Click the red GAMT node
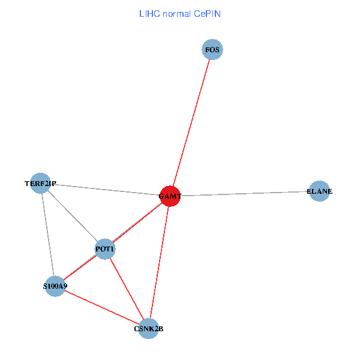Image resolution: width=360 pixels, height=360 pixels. [x=170, y=196]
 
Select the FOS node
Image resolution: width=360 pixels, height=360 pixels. [x=212, y=50]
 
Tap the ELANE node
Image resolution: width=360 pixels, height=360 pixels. [x=319, y=191]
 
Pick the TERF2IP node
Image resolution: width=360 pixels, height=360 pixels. [x=41, y=183]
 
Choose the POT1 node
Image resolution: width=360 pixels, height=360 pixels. [x=105, y=249]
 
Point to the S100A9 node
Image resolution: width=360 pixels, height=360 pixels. [x=55, y=286]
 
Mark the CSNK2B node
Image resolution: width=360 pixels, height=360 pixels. [x=148, y=328]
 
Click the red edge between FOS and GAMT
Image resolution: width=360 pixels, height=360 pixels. [x=191, y=122]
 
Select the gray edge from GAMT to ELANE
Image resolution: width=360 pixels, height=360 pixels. [x=245, y=193]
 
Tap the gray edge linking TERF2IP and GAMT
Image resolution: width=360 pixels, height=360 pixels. [x=105, y=189]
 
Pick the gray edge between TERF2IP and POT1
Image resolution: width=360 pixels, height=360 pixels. [x=73, y=216]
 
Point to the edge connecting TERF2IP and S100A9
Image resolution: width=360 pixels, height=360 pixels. [x=48, y=235]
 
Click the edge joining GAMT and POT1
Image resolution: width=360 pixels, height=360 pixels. [x=137, y=222]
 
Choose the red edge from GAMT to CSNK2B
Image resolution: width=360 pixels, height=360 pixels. [x=159, y=262]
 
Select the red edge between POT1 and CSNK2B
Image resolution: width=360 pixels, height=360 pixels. [x=127, y=289]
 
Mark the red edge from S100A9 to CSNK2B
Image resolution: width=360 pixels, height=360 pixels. [x=101, y=307]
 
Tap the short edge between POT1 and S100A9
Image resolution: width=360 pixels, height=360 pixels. [x=80, y=268]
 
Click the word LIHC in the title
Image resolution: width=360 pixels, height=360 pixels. [x=149, y=13]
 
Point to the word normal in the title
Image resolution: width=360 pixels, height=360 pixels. [x=177, y=13]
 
